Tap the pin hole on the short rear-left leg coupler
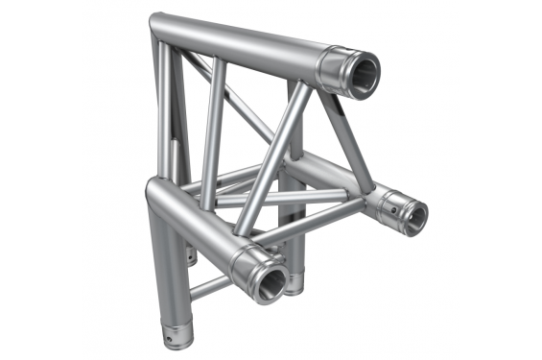pos(193,257)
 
